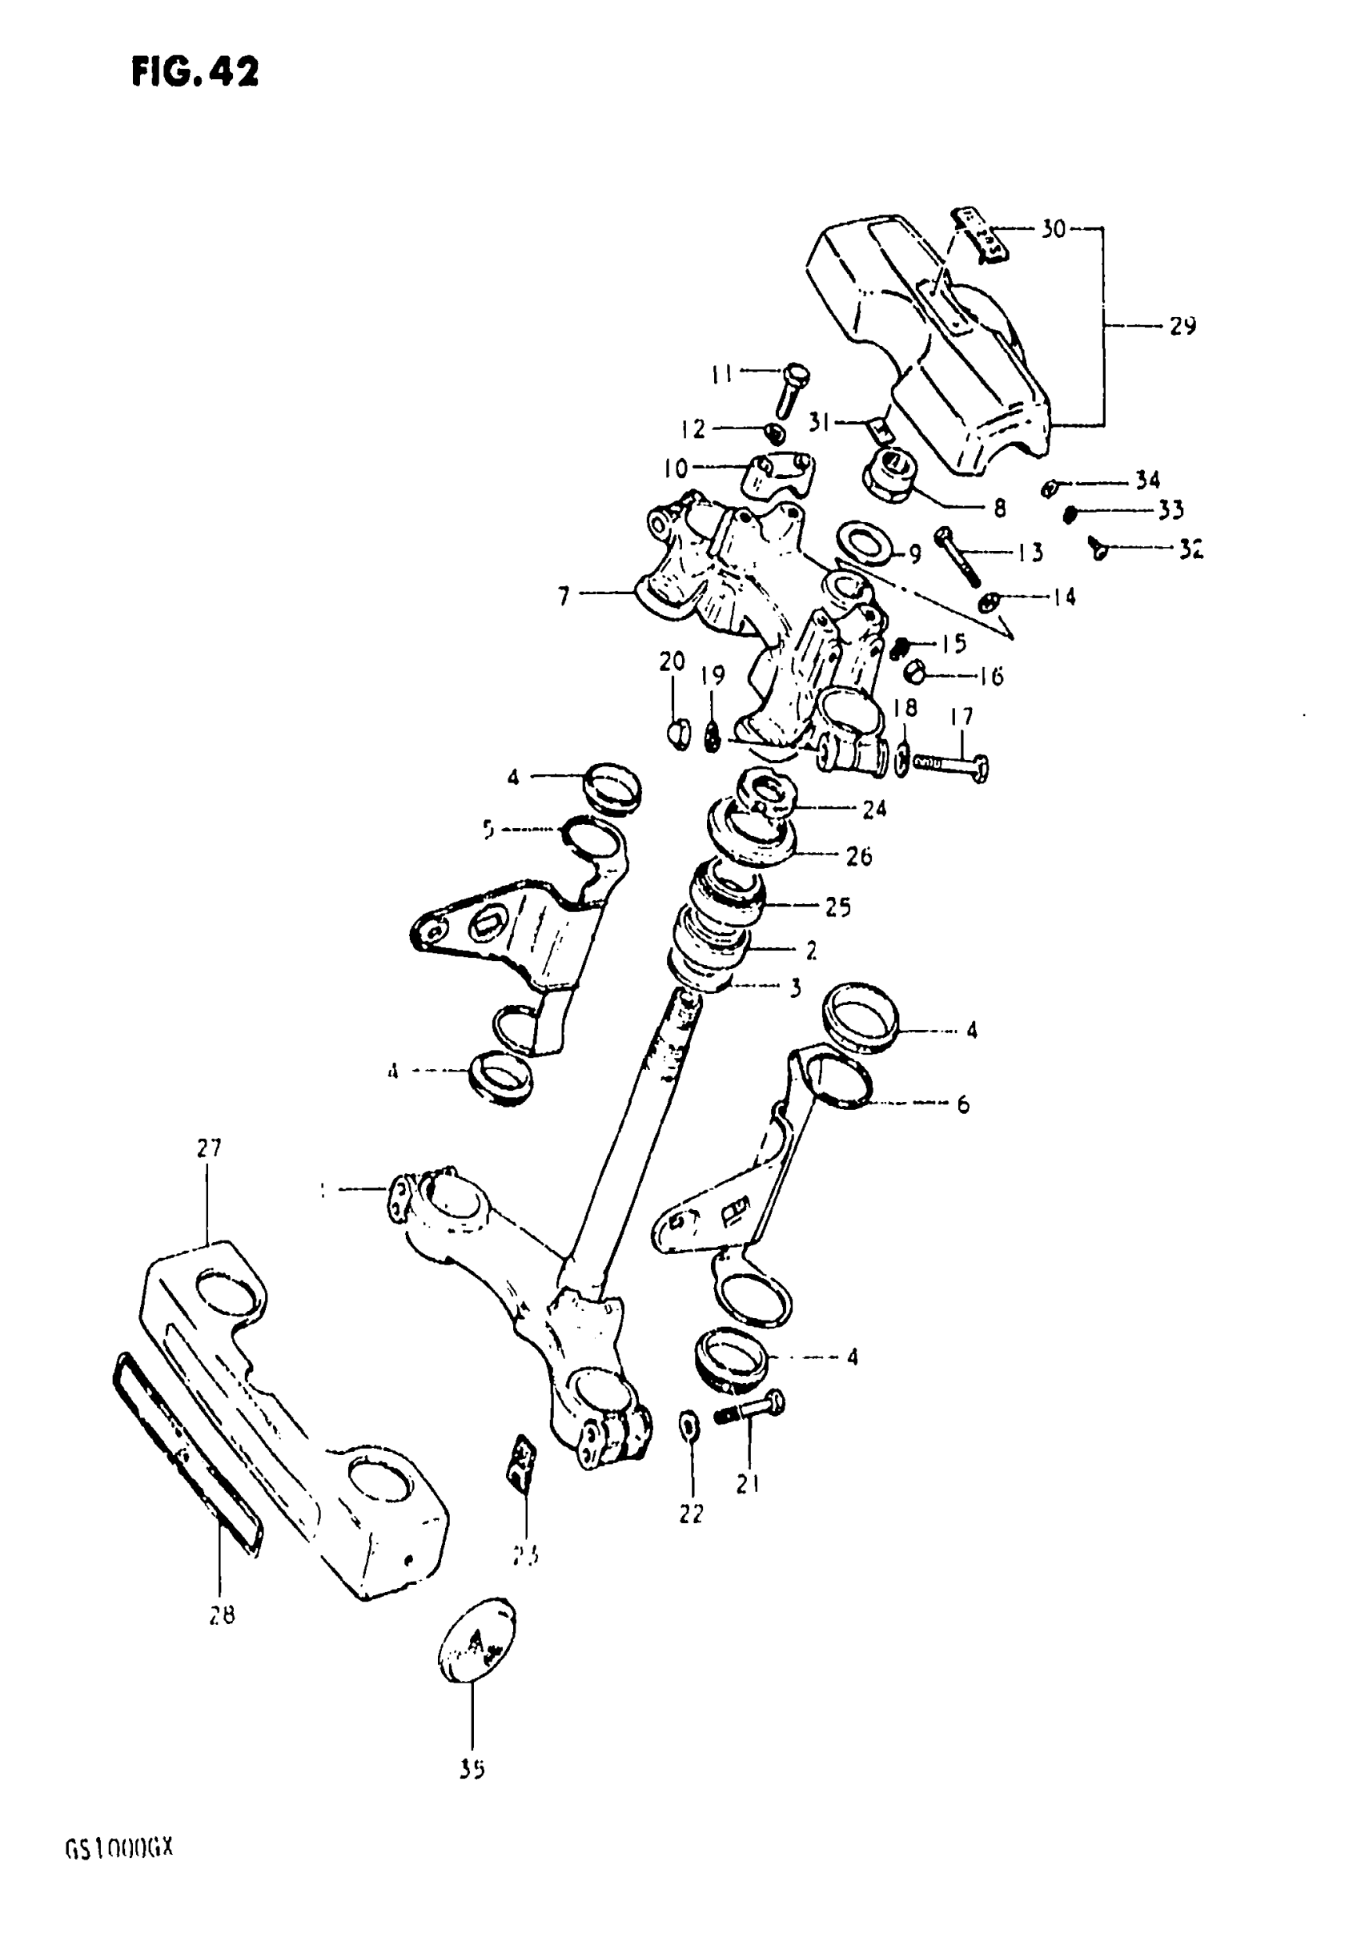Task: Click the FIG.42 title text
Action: click(195, 72)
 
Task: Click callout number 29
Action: click(1182, 327)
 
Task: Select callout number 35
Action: click(472, 1771)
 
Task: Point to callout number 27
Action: click(208, 1148)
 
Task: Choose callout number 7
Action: click(564, 597)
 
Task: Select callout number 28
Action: click(222, 1615)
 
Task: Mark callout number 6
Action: click(962, 1104)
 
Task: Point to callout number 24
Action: click(874, 809)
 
